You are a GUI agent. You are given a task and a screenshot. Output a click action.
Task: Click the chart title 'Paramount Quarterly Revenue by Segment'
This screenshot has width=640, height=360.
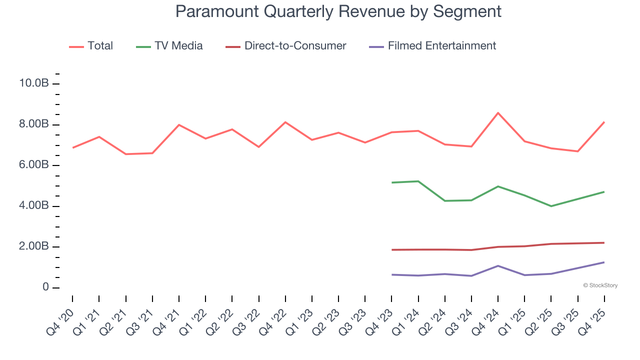coord(338,11)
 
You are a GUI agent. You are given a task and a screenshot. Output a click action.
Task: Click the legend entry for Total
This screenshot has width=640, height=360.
coord(100,46)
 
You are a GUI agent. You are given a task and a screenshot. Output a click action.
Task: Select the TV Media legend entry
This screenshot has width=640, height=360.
coord(178,46)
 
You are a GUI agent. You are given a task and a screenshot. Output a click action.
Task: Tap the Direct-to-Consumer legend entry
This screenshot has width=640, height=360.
coord(295,46)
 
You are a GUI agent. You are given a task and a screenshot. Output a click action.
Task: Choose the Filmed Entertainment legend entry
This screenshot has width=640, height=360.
coord(441,46)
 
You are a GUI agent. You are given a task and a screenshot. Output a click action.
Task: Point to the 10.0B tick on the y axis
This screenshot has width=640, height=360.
coord(33,83)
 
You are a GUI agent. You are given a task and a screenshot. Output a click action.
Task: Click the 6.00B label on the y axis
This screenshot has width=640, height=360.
coord(33,165)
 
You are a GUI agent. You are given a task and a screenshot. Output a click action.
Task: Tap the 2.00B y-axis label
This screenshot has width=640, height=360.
coord(33,247)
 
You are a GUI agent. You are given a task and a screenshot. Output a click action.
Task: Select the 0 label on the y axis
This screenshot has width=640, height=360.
coord(45,288)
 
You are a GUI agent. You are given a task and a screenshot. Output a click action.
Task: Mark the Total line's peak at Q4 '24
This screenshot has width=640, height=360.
coord(498,113)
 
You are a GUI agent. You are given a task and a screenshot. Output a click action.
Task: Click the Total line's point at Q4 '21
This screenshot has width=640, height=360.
coord(179,125)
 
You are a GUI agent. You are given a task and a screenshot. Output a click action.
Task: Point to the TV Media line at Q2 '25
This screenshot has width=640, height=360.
coord(551,206)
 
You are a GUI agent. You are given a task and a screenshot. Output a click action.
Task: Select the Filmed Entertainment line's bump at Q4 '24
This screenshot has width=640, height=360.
coord(498,265)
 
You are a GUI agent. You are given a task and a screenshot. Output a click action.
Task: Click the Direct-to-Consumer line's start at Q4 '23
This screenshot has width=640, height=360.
coord(392,249)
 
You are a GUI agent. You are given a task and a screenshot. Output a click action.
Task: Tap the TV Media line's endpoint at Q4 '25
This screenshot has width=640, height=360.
coord(604,192)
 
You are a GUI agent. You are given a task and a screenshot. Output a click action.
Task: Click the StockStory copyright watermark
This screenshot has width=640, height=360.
coord(600,285)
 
